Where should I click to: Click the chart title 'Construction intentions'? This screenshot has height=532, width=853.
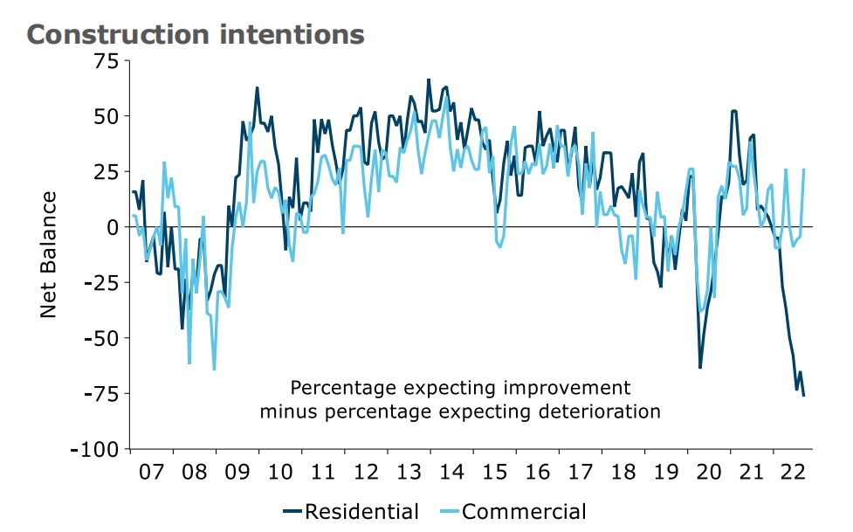[x=196, y=34]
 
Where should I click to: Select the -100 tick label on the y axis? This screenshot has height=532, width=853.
[x=99, y=448]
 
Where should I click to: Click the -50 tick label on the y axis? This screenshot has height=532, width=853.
[x=103, y=337]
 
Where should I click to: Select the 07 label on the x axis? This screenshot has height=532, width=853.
[x=151, y=473]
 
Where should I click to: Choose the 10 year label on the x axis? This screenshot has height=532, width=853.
[x=279, y=473]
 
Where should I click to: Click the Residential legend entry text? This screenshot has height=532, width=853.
[x=361, y=512]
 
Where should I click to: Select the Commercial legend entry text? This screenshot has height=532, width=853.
[x=524, y=512]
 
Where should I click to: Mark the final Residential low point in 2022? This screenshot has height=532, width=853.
[x=803, y=396]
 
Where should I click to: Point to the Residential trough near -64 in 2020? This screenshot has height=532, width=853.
[x=700, y=368]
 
